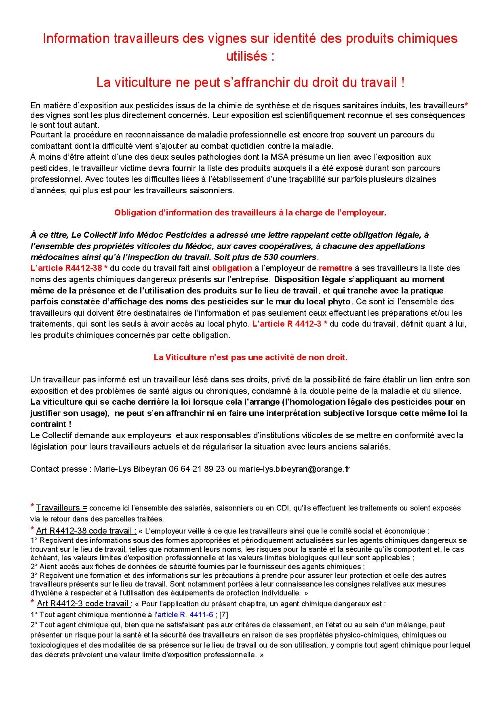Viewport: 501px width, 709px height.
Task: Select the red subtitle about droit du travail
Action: point(250,82)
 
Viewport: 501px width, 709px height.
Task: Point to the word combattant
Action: point(49,146)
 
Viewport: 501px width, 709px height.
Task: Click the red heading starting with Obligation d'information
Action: point(250,213)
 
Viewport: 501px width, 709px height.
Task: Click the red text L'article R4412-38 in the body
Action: point(69,268)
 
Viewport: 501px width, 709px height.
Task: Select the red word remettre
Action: point(335,268)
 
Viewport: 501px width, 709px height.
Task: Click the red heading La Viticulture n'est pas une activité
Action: point(250,357)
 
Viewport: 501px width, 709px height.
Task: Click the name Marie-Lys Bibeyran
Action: point(130,469)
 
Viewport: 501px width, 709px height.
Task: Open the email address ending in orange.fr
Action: point(294,469)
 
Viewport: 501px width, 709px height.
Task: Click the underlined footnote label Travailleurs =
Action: point(62,508)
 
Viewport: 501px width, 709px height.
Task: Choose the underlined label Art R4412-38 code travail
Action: point(86,531)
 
